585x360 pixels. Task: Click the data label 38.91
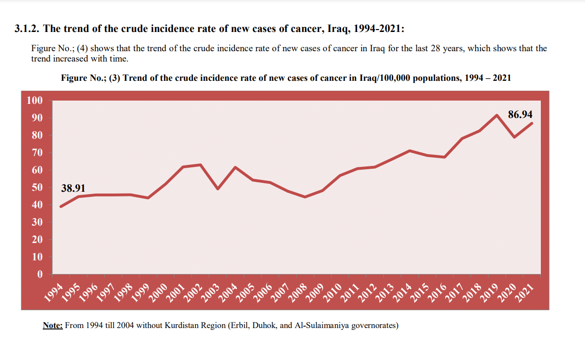(73, 188)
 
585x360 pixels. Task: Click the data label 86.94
(521, 115)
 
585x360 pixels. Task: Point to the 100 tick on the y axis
(35, 101)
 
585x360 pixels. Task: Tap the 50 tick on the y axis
(37, 188)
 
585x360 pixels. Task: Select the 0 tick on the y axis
(40, 274)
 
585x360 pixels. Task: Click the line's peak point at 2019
(497, 115)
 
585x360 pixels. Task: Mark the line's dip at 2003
(218, 189)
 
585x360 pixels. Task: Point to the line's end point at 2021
(532, 123)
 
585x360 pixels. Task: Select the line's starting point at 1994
(61, 206)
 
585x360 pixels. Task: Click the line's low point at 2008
(305, 197)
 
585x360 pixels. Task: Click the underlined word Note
(53, 325)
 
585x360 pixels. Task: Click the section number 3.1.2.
(27, 29)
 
